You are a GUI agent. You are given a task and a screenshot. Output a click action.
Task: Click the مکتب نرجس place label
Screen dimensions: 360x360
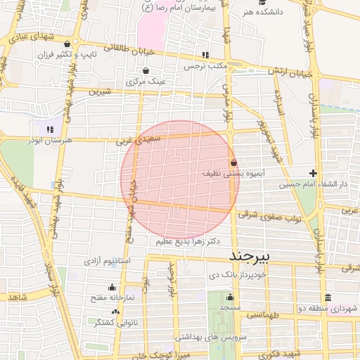(x=204, y=66)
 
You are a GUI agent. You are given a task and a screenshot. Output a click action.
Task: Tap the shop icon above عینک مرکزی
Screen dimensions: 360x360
(x=146, y=70)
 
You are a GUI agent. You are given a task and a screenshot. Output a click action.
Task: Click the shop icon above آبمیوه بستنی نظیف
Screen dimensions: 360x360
(x=233, y=162)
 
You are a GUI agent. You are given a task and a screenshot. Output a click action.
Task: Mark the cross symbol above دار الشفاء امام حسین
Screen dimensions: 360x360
(x=314, y=173)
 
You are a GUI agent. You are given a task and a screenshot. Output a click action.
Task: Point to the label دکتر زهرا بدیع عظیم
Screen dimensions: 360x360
(x=188, y=241)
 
